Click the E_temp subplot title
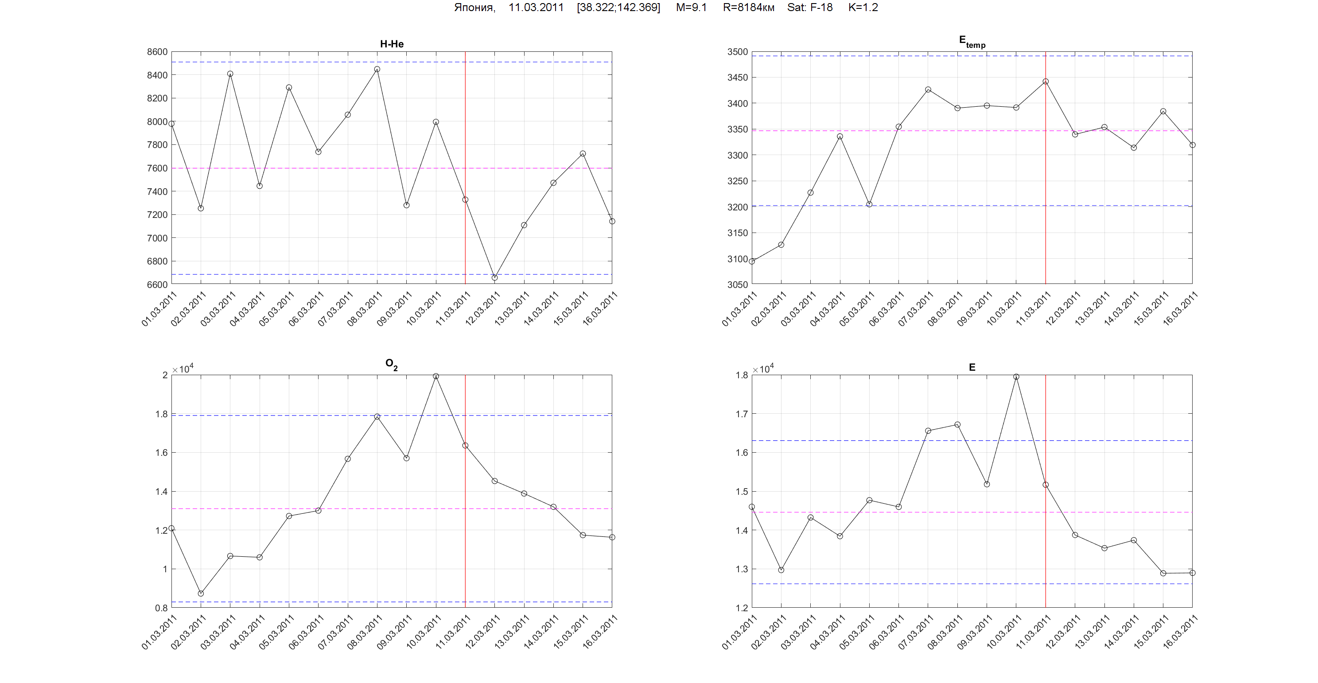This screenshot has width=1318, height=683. tap(972, 42)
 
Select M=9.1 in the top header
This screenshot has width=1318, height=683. tap(691, 8)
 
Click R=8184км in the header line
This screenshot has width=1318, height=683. tap(749, 8)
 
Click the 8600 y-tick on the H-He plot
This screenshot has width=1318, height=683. tap(157, 52)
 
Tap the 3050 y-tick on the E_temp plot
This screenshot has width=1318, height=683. tap(737, 284)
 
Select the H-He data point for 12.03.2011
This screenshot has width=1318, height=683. tap(495, 278)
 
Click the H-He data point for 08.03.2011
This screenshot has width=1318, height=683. tap(377, 69)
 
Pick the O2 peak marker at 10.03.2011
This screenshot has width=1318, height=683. tap(436, 376)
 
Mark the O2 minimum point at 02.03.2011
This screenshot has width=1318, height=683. tap(201, 594)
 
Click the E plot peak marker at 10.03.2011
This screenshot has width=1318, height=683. tap(1016, 376)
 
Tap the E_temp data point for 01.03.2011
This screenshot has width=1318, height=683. tap(752, 261)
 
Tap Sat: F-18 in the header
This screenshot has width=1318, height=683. tap(810, 8)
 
